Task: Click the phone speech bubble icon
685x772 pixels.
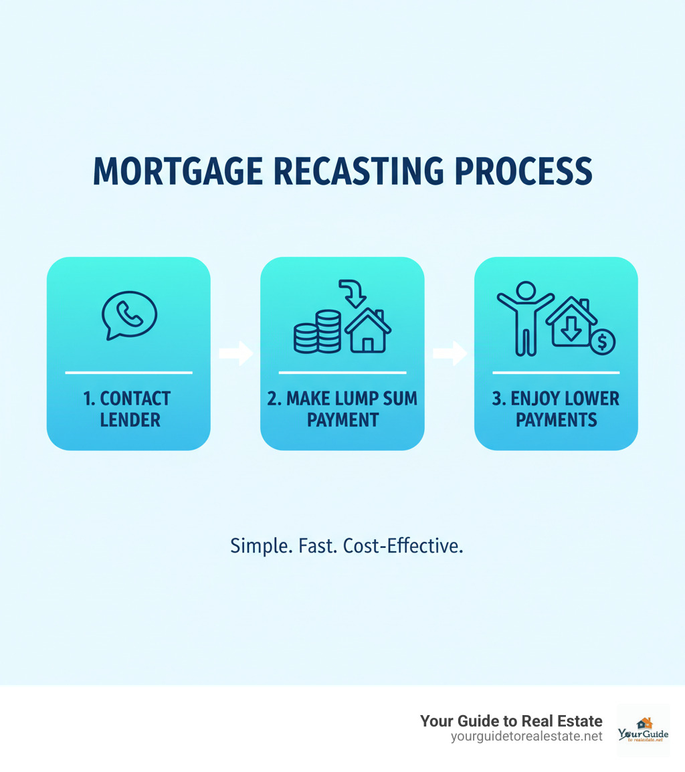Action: (128, 316)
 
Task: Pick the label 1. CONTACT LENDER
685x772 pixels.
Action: (128, 409)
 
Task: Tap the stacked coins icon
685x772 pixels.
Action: (317, 332)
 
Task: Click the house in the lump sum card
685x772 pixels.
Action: (367, 330)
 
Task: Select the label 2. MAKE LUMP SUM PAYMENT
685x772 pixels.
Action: (342, 409)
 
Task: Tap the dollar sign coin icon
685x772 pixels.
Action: (602, 342)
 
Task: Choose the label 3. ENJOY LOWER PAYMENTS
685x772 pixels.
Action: (556, 409)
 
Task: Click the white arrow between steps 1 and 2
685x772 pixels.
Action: (235, 353)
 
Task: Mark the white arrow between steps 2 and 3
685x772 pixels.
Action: (450, 353)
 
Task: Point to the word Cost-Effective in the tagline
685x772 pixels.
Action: (403, 546)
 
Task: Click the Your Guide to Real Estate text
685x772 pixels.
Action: (511, 721)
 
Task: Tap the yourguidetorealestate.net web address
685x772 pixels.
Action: (527, 737)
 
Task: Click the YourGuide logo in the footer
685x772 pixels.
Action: (643, 731)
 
